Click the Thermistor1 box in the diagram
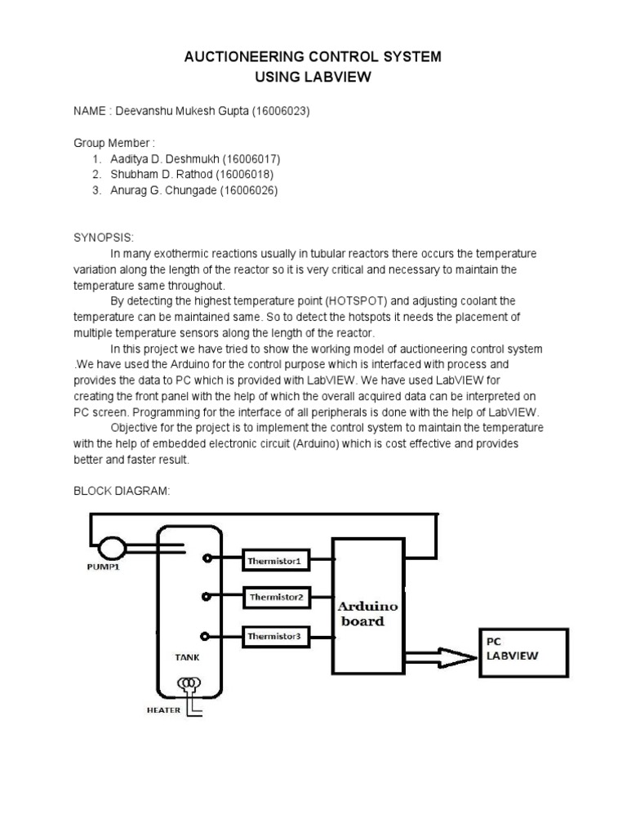click(275, 561)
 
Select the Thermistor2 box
click(275, 598)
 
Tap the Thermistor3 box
click(275, 635)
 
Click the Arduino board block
click(367, 605)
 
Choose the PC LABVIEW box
click(522, 651)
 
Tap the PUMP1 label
click(104, 567)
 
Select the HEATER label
click(163, 710)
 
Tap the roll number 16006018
click(246, 175)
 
